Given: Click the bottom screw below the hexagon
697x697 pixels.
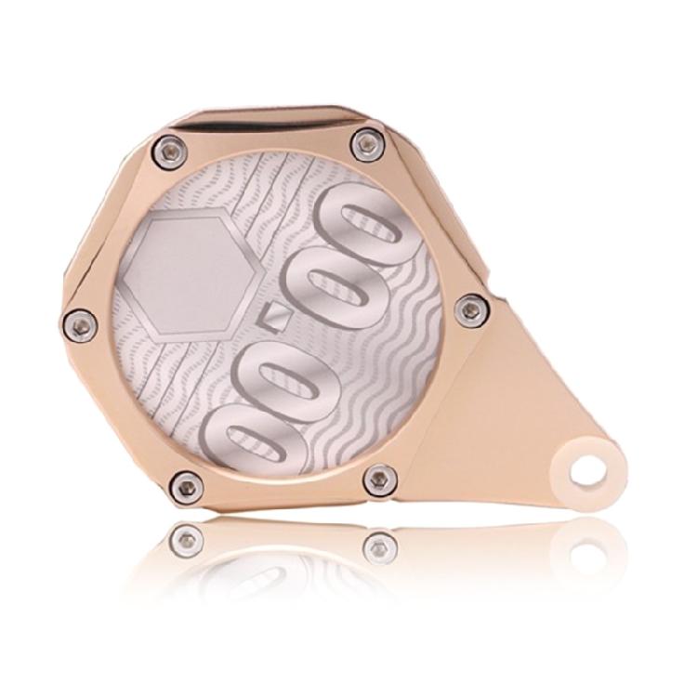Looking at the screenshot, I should click(x=188, y=484).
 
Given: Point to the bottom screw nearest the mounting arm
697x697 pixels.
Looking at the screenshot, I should click(x=380, y=480).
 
